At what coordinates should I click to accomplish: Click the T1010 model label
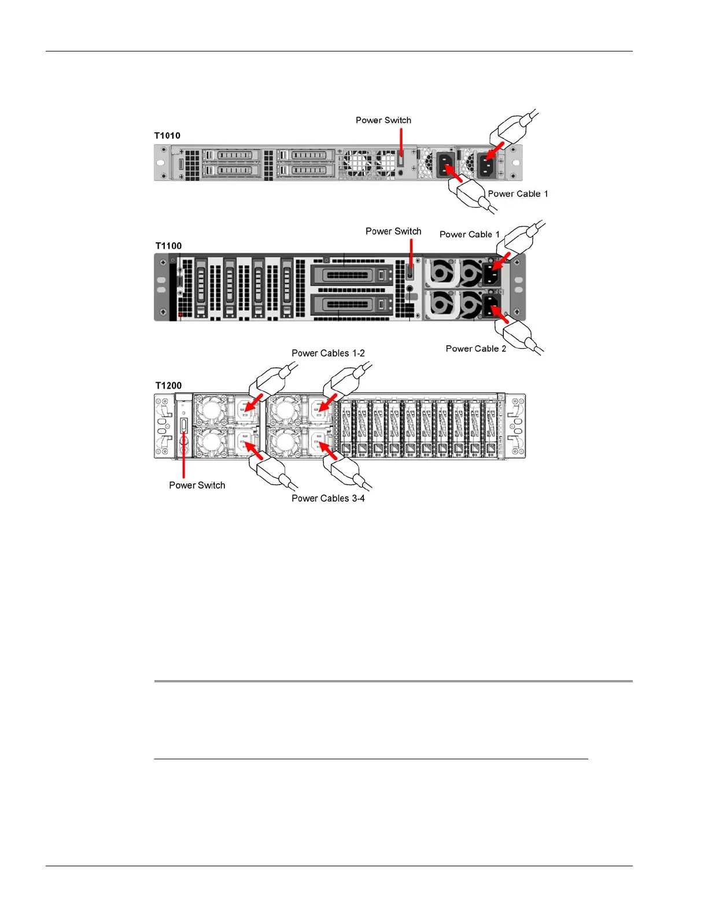pyautogui.click(x=167, y=136)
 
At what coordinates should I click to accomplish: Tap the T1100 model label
pyautogui.click(x=168, y=246)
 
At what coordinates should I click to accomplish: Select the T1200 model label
pyautogui.click(x=168, y=386)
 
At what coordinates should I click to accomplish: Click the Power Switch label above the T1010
pyautogui.click(x=384, y=120)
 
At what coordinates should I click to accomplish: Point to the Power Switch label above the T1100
pyautogui.click(x=393, y=231)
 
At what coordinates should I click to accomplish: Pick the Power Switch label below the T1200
pyautogui.click(x=197, y=486)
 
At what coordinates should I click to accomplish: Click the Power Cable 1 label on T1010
pyautogui.click(x=518, y=194)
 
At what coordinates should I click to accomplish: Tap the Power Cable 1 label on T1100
pyautogui.click(x=469, y=234)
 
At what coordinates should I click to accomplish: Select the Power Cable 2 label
pyautogui.click(x=475, y=349)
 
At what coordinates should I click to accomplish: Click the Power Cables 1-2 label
pyautogui.click(x=328, y=353)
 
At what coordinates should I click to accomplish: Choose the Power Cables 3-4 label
pyautogui.click(x=328, y=498)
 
